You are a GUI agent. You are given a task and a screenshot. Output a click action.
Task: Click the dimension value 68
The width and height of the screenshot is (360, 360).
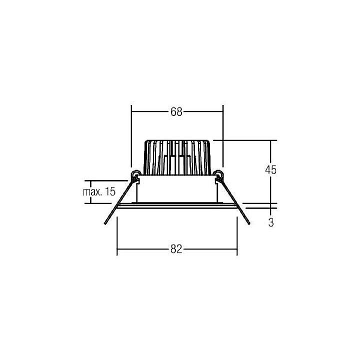176,112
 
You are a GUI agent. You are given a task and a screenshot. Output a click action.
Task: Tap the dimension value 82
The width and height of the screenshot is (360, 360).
176,249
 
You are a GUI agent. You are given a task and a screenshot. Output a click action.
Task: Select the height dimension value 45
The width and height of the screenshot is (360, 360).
270,169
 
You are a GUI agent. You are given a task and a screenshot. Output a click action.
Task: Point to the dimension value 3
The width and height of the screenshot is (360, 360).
270,222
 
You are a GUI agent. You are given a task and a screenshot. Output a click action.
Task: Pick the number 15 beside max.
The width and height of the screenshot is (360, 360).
110,191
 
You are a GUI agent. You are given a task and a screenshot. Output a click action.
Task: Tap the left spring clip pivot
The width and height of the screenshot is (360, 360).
134,174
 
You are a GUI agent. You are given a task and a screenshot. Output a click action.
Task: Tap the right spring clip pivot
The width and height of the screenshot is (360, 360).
217,174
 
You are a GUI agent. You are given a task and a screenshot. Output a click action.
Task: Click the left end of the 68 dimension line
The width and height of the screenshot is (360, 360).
131,112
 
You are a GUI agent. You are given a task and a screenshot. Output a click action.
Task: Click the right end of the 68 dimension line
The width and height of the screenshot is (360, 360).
222,112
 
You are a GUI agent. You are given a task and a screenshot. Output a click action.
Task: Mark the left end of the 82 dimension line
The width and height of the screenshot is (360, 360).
117,249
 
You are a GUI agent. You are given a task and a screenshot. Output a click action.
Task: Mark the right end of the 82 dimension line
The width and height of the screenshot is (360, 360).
237,249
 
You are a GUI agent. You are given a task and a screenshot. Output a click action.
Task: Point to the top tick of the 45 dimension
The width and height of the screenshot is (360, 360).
270,140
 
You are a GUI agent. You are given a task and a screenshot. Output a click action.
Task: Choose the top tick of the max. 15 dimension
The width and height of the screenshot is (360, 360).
90,180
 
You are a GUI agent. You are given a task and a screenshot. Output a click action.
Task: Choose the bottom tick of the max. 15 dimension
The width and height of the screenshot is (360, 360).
90,202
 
